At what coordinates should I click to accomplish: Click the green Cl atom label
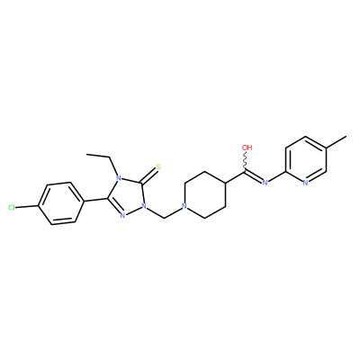pyautogui.click(x=12, y=208)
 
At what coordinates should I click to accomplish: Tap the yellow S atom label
pyautogui.click(x=158, y=166)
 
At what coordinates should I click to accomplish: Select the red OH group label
pyautogui.click(x=247, y=148)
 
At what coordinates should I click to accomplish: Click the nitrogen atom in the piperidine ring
pyautogui.click(x=184, y=206)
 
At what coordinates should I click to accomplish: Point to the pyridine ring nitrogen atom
pyautogui.click(x=305, y=183)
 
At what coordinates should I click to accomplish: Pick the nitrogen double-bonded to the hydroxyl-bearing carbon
pyautogui.click(x=265, y=183)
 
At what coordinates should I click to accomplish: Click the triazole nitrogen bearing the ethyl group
pyautogui.click(x=118, y=179)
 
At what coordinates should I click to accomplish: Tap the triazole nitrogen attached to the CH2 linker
pyautogui.click(x=144, y=206)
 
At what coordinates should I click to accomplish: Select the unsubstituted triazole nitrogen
pyautogui.click(x=122, y=215)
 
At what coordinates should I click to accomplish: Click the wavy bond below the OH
pyautogui.click(x=246, y=161)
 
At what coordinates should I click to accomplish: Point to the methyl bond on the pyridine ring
pyautogui.click(x=336, y=142)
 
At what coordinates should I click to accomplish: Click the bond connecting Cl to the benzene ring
pyautogui.click(x=27, y=207)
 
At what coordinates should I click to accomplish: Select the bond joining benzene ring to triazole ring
pyautogui.click(x=94, y=200)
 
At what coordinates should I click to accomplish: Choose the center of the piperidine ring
pyautogui.click(x=205, y=194)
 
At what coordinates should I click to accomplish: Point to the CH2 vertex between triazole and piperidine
pyautogui.click(x=165, y=218)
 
